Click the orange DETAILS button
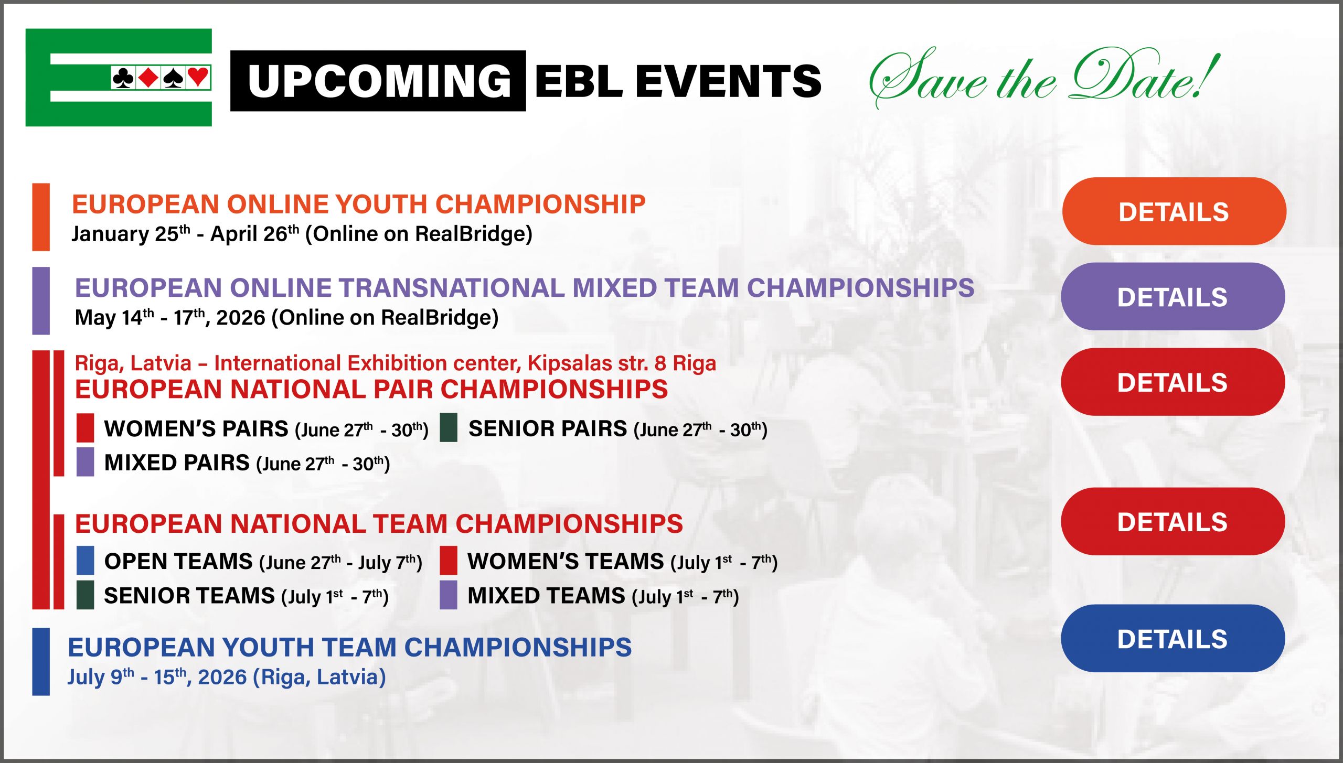tap(1174, 211)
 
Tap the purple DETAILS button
tap(1173, 297)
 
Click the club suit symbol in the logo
tap(123, 78)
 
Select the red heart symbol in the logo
tap(198, 78)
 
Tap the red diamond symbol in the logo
tap(148, 78)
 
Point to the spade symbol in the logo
tap(173, 78)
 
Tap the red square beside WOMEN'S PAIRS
tap(86, 428)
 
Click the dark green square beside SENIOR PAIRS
tap(449, 428)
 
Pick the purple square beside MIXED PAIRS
tap(86, 462)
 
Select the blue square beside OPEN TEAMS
tap(86, 561)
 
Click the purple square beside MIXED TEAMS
tap(449, 595)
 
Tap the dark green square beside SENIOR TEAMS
tap(86, 595)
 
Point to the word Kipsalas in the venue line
tap(570, 363)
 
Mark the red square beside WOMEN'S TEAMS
tap(449, 561)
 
